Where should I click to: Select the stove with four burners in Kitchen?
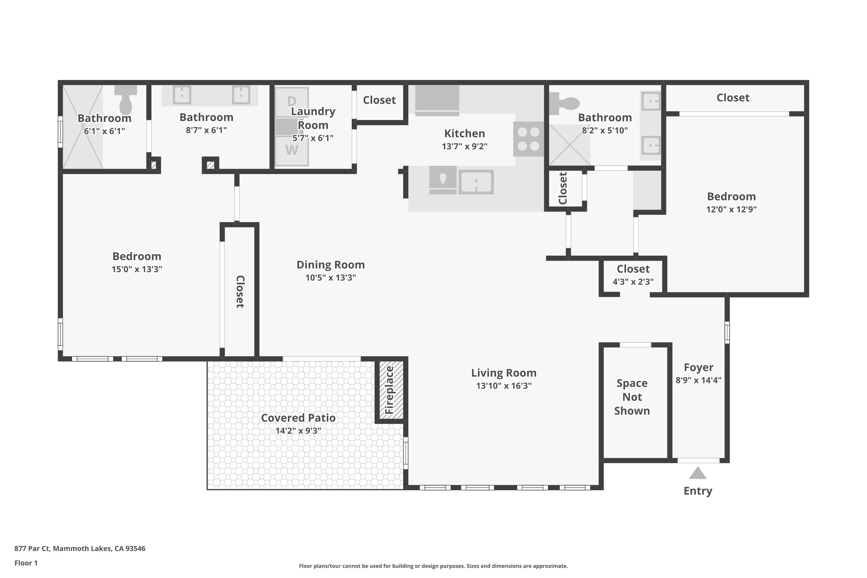(528, 139)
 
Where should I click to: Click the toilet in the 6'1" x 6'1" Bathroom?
(126, 100)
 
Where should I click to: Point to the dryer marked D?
(292, 101)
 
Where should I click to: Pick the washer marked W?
(292, 150)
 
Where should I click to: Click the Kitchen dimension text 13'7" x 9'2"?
(464, 146)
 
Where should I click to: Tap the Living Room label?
(503, 373)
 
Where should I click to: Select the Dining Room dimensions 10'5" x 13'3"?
(330, 277)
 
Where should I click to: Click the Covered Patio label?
(298, 418)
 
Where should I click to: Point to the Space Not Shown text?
(632, 397)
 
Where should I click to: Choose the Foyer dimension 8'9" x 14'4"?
(698, 380)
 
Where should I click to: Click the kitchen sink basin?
(476, 182)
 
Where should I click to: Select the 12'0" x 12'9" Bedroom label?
(731, 197)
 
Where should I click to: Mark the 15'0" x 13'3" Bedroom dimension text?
(137, 269)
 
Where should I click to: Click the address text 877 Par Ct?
(80, 548)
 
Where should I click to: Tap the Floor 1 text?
(26, 563)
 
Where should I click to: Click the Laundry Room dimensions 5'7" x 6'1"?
(313, 138)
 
